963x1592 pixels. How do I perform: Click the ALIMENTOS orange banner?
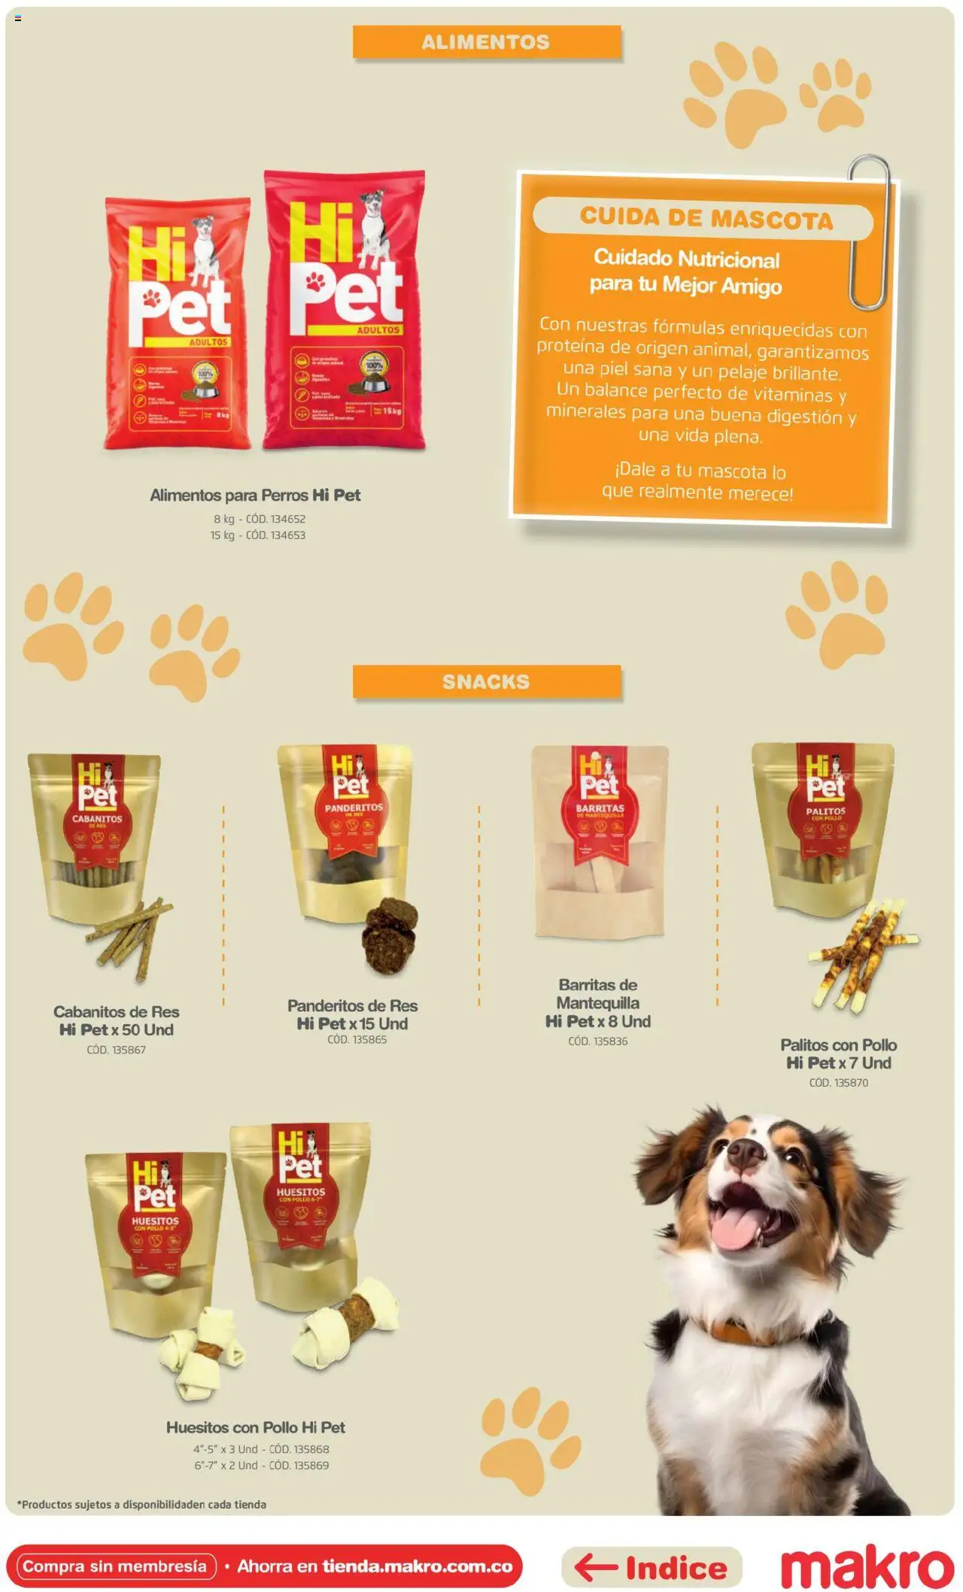click(486, 42)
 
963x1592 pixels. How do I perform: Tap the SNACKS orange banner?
click(486, 681)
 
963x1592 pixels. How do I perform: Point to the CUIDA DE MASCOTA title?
click(706, 218)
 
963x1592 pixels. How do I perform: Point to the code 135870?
click(838, 1083)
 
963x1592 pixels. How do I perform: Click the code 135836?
click(598, 1042)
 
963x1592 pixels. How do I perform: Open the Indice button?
click(652, 1568)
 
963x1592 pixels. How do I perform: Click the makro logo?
click(867, 1568)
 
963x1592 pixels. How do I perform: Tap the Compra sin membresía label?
click(115, 1566)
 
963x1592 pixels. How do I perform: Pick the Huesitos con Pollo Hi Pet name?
click(256, 1427)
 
